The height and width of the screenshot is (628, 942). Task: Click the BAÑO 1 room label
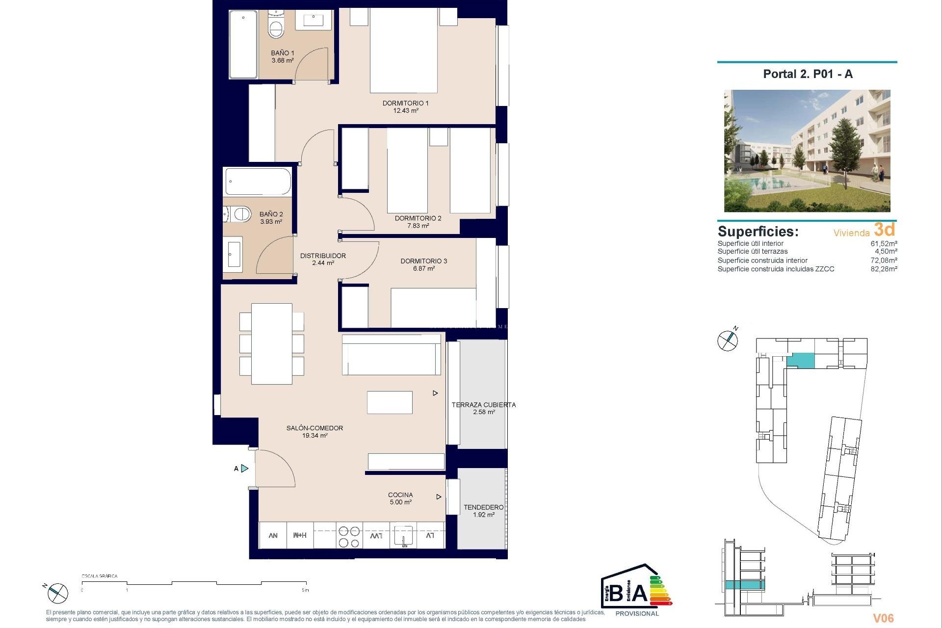[283, 53]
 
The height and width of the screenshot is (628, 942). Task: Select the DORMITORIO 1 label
[405, 103]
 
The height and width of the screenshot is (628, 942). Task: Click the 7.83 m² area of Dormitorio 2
[419, 226]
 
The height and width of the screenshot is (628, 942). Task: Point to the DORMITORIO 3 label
[423, 261]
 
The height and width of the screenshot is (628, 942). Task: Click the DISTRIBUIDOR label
[323, 256]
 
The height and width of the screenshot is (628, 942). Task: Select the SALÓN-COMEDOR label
[314, 428]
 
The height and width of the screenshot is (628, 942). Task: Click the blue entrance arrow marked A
[244, 469]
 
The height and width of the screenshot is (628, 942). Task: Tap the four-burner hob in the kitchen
[349, 536]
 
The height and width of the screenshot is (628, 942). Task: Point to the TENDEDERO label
[483, 507]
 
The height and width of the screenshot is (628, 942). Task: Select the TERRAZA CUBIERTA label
[483, 405]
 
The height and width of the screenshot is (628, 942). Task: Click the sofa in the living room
[391, 355]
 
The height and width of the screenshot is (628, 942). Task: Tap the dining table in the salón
[271, 344]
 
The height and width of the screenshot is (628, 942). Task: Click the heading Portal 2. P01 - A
[808, 74]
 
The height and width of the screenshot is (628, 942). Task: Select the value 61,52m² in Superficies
[884, 243]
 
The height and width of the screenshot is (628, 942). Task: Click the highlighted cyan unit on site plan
[800, 362]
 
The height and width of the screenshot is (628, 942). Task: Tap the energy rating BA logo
[636, 591]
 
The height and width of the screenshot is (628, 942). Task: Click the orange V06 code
[883, 618]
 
